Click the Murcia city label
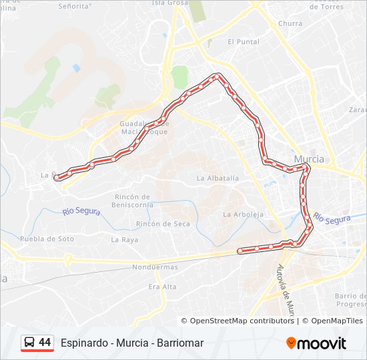pyautogui.click(x=309, y=159)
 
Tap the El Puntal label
pyautogui.click(x=243, y=41)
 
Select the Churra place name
pyautogui.click(x=290, y=23)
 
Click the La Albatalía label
pyautogui.click(x=218, y=178)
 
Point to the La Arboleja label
pyautogui.click(x=244, y=215)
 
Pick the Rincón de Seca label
pyautogui.click(x=163, y=224)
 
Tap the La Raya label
pyautogui.click(x=124, y=239)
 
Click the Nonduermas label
pyautogui.click(x=155, y=267)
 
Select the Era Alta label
pyautogui.click(x=162, y=287)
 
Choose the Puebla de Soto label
pyautogui.click(x=47, y=239)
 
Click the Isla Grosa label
pyautogui.click(x=171, y=3)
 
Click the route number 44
pyautogui.click(x=45, y=342)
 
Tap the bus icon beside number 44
pyautogui.click(x=30, y=343)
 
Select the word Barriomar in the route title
pyautogui.click(x=180, y=343)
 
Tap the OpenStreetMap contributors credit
pyautogui.click(x=242, y=321)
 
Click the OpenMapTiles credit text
pyautogui.click(x=332, y=321)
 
